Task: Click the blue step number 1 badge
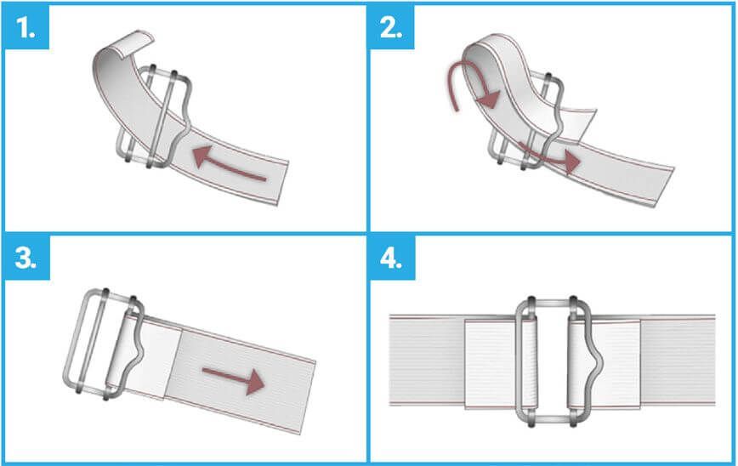point(26,27)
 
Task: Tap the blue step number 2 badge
point(391,27)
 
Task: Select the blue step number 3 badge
point(26,258)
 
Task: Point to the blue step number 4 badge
point(392,258)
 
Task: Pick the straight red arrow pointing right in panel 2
point(548,156)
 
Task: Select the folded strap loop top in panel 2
point(490,49)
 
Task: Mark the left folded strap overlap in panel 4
point(493,364)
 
